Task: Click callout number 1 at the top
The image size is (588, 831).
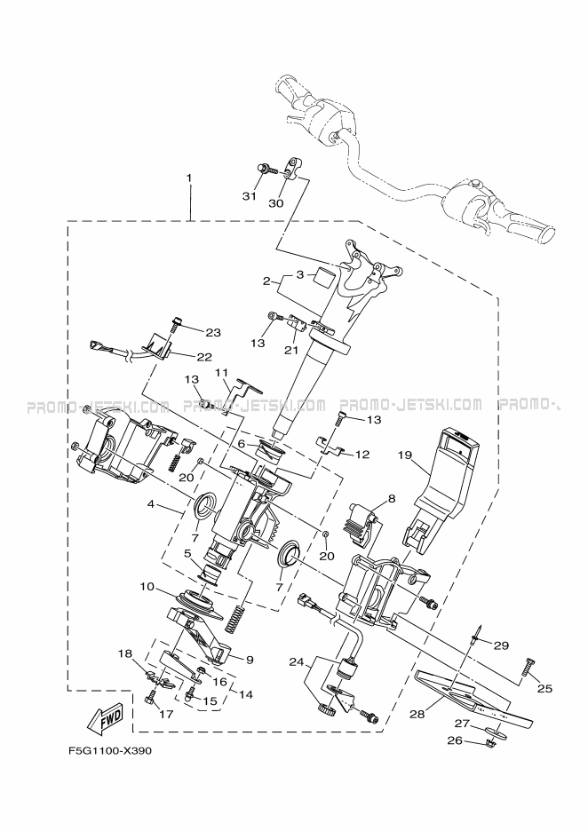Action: point(188,178)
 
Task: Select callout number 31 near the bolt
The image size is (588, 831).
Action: point(250,195)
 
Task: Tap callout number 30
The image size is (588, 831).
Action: point(276,202)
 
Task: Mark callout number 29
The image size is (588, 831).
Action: point(501,645)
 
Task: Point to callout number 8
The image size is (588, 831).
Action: point(391,499)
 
